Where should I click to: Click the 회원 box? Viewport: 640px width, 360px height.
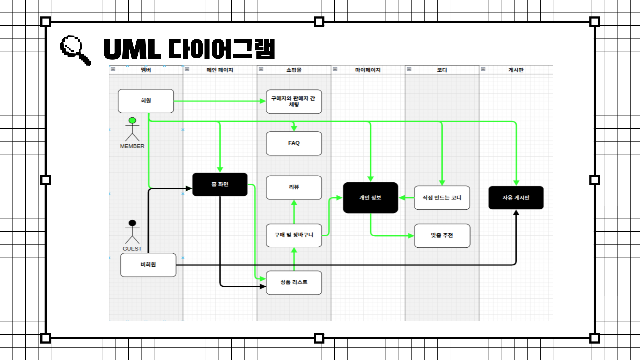(x=146, y=101)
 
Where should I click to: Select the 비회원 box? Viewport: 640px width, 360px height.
(x=148, y=265)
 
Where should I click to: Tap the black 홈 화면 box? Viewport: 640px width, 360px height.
(x=220, y=184)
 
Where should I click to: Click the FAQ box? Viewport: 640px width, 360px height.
(x=294, y=143)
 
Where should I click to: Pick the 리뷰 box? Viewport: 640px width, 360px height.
(x=294, y=187)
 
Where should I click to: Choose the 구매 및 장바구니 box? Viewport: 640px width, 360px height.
(x=294, y=235)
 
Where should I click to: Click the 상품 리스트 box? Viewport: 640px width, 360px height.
(x=294, y=282)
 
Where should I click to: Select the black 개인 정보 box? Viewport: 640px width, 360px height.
(x=370, y=198)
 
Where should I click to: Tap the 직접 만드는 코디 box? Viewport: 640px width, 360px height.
(x=442, y=198)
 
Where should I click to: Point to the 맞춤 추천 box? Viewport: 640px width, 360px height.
(x=442, y=235)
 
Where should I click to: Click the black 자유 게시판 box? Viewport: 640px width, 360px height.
(x=516, y=198)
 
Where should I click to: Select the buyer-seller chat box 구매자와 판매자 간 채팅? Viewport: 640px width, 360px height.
(x=294, y=101)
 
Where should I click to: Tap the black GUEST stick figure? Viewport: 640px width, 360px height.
(x=132, y=232)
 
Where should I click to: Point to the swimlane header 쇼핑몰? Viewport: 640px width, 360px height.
(x=294, y=70)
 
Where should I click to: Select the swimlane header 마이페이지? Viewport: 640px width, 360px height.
(x=368, y=70)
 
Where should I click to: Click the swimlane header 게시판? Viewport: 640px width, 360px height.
(x=516, y=70)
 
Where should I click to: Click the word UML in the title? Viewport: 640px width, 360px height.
(x=132, y=49)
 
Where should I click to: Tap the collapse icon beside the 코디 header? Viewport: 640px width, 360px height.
(x=409, y=69)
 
